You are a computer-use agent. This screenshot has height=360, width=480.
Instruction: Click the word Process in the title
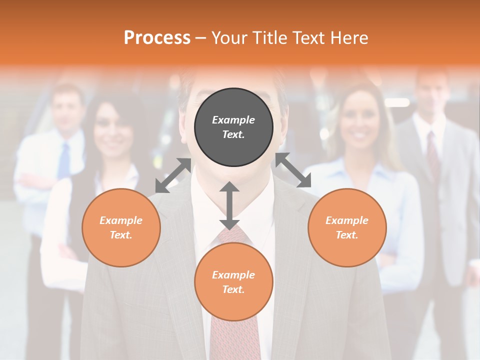tap(157, 38)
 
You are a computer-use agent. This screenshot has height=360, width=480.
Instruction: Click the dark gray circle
tap(233, 127)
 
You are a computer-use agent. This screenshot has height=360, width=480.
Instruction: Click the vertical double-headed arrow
tap(229, 205)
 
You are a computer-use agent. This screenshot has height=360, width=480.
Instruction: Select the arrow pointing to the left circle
tap(173, 175)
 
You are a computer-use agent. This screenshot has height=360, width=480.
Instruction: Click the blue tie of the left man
tap(64, 160)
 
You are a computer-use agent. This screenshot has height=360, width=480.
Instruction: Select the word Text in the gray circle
tap(233, 134)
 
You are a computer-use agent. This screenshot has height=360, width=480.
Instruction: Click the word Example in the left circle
tap(121, 220)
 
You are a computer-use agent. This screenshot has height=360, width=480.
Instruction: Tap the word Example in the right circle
tap(347, 220)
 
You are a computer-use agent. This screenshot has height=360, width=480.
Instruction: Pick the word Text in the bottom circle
tap(233, 289)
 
